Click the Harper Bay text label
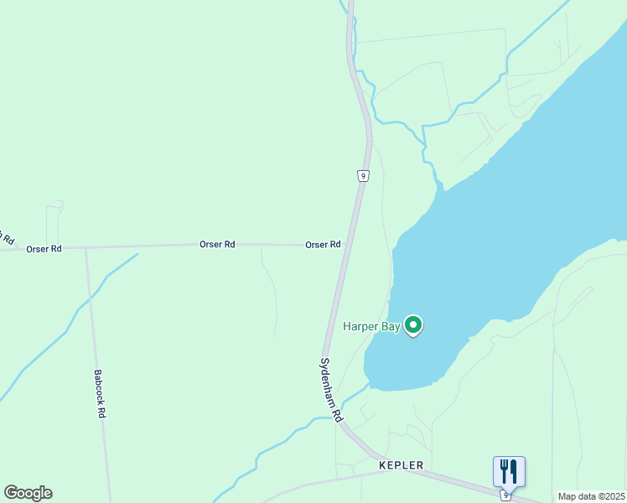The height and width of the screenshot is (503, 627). [x=371, y=326]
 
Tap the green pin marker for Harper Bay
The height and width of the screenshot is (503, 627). [x=412, y=324]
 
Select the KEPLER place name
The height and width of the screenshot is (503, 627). [x=401, y=465]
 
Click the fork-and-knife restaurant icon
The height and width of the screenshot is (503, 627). [x=509, y=471]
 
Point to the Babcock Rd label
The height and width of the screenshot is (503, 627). [x=100, y=395]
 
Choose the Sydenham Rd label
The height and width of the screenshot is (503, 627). [x=331, y=390]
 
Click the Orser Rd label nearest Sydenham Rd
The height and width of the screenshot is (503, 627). [x=323, y=245]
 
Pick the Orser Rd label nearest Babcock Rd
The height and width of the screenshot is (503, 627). [x=44, y=249]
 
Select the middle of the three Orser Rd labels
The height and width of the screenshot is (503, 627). [x=217, y=245]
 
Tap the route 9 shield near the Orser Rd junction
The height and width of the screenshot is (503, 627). [x=362, y=175]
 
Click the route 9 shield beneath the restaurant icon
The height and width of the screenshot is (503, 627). [x=505, y=495]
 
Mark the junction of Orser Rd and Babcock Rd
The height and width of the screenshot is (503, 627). [x=86, y=247]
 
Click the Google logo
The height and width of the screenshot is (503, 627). [x=28, y=493]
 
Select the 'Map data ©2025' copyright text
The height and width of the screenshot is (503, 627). [x=592, y=496]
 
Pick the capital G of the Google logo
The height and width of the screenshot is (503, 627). [x=11, y=493]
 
